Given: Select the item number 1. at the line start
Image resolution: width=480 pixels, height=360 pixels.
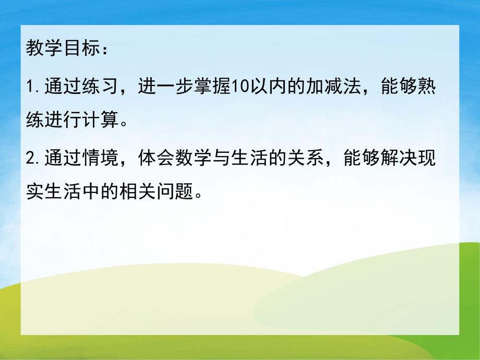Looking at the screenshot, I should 33,87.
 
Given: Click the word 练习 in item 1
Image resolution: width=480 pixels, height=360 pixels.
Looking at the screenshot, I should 97,87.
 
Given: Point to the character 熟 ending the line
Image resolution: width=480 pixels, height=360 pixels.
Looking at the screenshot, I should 426,87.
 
